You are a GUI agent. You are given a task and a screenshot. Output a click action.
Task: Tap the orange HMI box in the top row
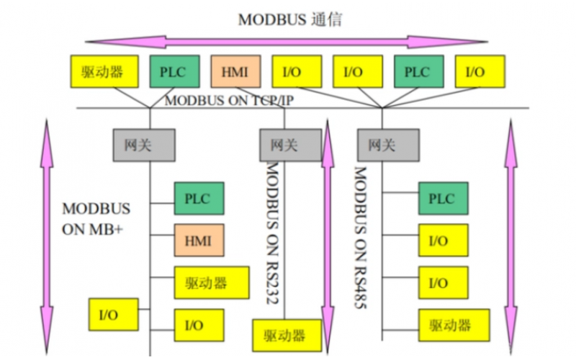(235, 72)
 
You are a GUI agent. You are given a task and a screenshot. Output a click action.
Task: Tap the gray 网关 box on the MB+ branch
(143, 145)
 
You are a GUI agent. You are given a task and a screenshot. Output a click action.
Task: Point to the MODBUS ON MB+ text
(96, 219)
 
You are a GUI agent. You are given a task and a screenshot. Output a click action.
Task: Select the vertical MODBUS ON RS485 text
(360, 238)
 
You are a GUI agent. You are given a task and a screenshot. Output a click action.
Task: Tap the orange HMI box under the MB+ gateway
(199, 240)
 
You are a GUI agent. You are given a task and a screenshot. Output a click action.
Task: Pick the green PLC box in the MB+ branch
(199, 198)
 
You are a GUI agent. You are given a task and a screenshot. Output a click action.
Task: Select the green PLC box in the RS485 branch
(444, 198)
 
